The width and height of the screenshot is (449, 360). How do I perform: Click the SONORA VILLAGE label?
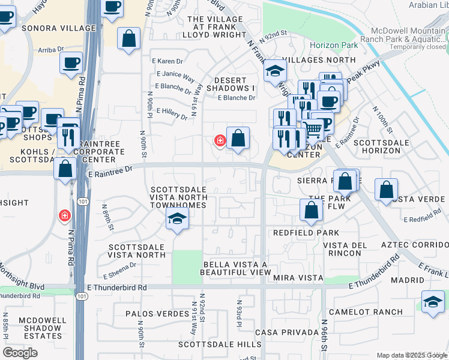58,28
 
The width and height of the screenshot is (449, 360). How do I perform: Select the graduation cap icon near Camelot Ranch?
433,301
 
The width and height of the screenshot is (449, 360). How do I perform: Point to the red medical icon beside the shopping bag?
220,140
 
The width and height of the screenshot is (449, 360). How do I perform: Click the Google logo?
20,353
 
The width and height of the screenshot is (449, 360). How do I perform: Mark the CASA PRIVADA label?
287,332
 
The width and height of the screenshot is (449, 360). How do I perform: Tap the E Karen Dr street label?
167,61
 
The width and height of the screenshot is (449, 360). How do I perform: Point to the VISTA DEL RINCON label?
345,249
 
